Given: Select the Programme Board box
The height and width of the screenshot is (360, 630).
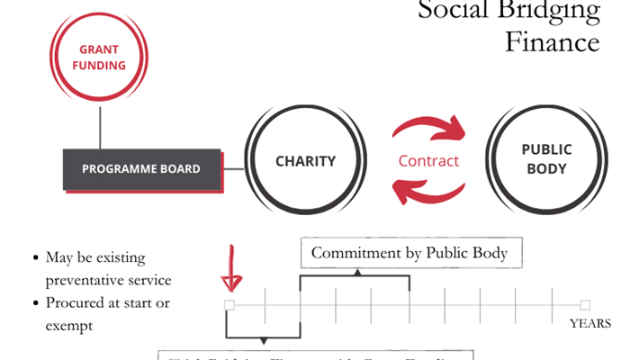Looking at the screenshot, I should click(141, 169).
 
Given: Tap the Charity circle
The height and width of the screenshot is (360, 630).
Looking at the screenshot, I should click(305, 162).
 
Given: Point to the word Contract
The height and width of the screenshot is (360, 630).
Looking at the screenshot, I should click(428, 162).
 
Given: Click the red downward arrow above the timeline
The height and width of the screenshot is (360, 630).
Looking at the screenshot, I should click(231, 269).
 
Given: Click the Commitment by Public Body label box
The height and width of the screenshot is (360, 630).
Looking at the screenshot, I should click(409, 253).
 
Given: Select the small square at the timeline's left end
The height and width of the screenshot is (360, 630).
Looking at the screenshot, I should click(229, 305).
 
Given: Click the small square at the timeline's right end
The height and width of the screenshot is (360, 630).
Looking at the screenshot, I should click(585, 305).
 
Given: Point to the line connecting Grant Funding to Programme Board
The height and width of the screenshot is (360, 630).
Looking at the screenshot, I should click(101, 127).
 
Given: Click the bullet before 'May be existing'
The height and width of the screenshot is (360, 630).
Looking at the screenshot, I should click(34, 258).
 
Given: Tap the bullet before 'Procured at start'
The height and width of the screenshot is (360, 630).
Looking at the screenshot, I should click(34, 303).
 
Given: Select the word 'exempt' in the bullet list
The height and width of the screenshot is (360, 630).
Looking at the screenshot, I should click(68, 325).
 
